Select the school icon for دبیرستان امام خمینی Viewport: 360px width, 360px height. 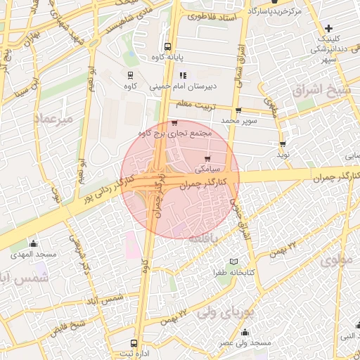(183, 75)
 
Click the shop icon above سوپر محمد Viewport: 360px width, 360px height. (238, 110)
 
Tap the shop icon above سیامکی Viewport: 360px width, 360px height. (207, 160)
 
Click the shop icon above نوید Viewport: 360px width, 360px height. (283, 144)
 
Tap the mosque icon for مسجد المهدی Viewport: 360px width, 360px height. (34, 242)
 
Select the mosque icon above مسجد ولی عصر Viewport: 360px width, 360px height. (245, 332)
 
